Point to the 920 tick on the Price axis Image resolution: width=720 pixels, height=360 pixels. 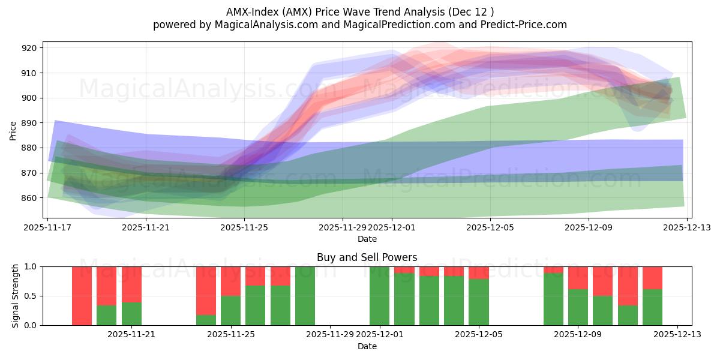(x=29, y=48)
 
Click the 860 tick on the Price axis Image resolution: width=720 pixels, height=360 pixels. (x=29, y=198)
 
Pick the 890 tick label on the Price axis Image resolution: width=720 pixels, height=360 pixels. (x=29, y=123)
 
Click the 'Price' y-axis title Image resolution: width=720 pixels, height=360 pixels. (x=13, y=130)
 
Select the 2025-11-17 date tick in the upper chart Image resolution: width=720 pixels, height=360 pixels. (x=48, y=227)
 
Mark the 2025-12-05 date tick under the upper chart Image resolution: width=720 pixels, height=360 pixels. (x=490, y=227)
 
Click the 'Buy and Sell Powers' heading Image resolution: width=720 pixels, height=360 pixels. (x=367, y=257)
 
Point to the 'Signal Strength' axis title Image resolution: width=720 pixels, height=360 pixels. (x=16, y=296)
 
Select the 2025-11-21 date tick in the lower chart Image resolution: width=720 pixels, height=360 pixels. (x=131, y=335)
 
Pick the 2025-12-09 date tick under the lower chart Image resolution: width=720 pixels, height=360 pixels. (x=578, y=335)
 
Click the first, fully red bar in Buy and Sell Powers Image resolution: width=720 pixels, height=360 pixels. (x=82, y=296)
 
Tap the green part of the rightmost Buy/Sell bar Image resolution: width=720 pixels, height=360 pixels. (x=652, y=307)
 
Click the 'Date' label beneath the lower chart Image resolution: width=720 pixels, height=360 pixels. (x=367, y=346)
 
